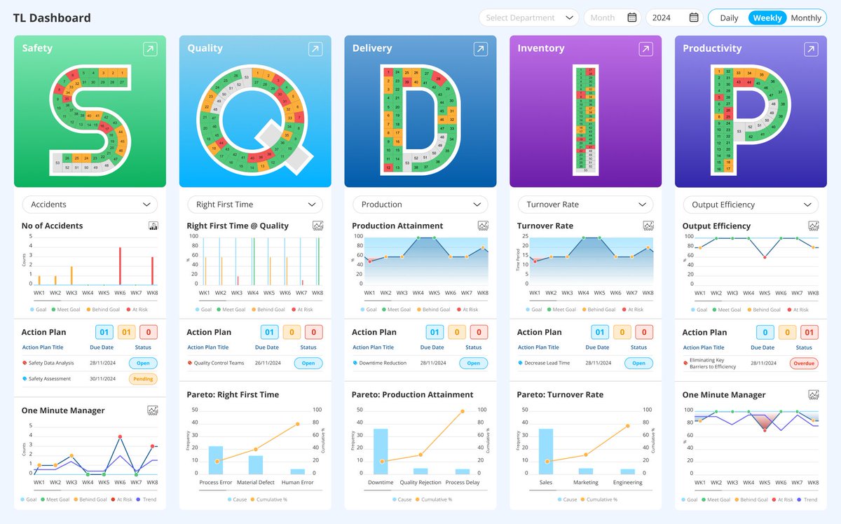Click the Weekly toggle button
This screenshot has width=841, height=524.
767,18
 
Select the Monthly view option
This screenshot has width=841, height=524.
806,18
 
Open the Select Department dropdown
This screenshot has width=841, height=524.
529,18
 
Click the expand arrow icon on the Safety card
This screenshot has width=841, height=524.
150,49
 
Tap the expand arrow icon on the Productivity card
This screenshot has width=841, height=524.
811,49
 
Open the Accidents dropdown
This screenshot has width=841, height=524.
90,205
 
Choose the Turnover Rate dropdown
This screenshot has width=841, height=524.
585,205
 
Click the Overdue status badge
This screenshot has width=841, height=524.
804,364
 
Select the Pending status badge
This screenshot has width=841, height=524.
143,379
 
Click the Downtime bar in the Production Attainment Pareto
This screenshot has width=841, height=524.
381,451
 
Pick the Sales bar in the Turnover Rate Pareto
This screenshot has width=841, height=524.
546,451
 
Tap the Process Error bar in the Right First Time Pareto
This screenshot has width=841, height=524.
216,460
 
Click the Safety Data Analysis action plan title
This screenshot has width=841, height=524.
51,364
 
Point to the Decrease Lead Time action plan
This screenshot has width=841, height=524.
547,364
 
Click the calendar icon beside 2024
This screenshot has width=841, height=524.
694,18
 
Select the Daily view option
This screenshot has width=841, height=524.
729,18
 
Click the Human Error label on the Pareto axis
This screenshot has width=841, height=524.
298,483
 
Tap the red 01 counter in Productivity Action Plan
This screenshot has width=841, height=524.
809,332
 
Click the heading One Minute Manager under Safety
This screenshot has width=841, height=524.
63,411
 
